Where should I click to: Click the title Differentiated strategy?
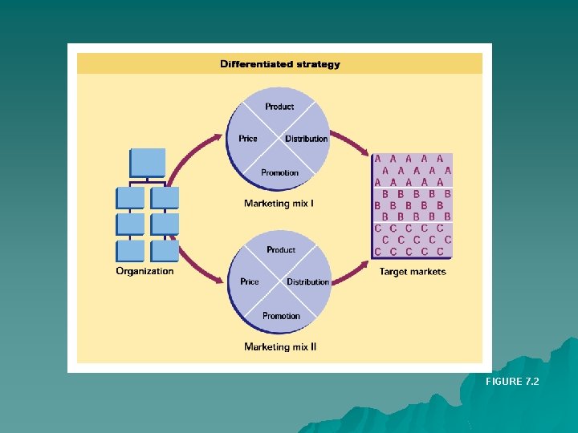[x=280, y=64]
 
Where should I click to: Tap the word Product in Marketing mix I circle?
[x=279, y=107]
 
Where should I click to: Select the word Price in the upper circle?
[x=248, y=139]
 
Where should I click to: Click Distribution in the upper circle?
[x=306, y=139]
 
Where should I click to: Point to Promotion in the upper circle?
[x=279, y=172]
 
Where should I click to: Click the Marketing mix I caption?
[x=279, y=204]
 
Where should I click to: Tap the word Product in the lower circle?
[x=281, y=250]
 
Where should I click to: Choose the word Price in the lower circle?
[x=250, y=282]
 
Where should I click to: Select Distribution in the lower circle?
[x=307, y=282]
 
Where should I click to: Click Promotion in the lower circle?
[x=281, y=316]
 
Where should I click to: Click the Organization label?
[x=144, y=271]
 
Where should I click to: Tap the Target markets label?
[x=413, y=272]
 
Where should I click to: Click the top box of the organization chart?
[x=148, y=162]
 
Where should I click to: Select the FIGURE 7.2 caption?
[x=512, y=382]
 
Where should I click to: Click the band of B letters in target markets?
[x=413, y=205]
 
